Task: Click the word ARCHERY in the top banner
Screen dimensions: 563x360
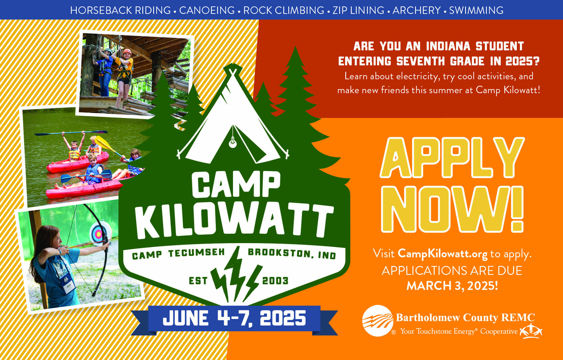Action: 416,10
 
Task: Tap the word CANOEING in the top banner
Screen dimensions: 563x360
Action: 207,10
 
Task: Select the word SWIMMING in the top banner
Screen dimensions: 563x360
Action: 476,10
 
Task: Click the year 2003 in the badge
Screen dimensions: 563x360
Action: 275,281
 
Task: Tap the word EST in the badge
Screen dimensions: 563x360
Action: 198,281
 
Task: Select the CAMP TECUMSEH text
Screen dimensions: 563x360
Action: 178,253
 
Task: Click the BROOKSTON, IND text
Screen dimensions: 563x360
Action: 292,253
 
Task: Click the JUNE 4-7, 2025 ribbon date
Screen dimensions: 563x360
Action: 234,318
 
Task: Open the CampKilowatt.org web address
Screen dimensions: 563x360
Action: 443,254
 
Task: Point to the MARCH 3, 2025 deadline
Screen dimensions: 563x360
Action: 452,286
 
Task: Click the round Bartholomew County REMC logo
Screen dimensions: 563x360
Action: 378,321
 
